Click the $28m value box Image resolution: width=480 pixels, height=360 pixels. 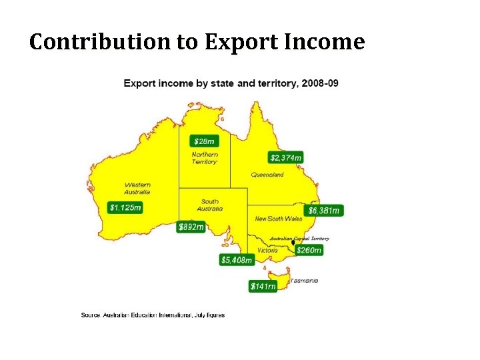click(x=204, y=141)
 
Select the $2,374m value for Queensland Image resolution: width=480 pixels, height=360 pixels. click(x=286, y=157)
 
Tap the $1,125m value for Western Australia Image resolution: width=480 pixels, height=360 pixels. click(x=125, y=207)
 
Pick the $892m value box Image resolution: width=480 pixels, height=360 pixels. click(x=191, y=227)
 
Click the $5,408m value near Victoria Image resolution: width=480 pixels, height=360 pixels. click(x=237, y=259)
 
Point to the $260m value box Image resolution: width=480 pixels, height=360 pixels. click(x=309, y=250)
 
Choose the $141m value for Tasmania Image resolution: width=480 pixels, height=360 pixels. click(x=263, y=286)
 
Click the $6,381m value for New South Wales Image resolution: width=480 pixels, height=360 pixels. click(x=324, y=211)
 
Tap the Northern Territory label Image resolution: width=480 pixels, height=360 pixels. click(x=205, y=158)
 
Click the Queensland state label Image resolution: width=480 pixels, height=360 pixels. click(x=267, y=175)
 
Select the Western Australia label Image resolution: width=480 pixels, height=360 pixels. click(x=137, y=188)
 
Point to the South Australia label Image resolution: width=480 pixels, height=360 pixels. click(x=210, y=205)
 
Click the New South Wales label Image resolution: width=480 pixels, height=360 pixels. click(x=279, y=218)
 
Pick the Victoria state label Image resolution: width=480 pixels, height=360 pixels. click(x=267, y=250)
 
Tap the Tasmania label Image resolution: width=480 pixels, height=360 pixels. click(x=303, y=280)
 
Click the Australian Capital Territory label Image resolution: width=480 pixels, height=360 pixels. click(x=299, y=238)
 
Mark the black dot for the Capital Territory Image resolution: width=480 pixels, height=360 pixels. click(x=293, y=243)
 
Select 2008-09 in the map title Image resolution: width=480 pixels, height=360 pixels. click(x=319, y=83)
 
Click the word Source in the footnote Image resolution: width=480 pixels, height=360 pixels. click(x=91, y=315)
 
